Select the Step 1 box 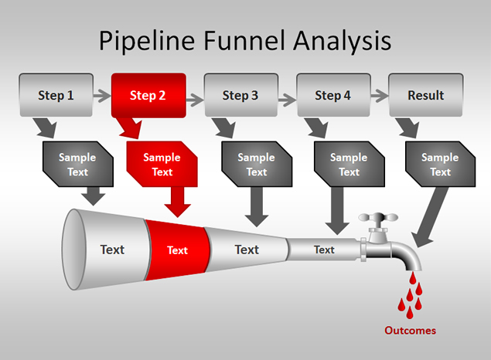click(56, 95)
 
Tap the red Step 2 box click(148, 95)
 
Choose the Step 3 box click(240, 95)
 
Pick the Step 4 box click(333, 95)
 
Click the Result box click(426, 95)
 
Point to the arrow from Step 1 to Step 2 click(102, 96)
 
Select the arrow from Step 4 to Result click(380, 96)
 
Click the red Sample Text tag click(162, 165)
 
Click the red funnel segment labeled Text click(178, 250)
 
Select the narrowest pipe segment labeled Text click(323, 250)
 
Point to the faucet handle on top click(377, 220)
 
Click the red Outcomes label click(411, 331)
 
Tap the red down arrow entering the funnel click(178, 202)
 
